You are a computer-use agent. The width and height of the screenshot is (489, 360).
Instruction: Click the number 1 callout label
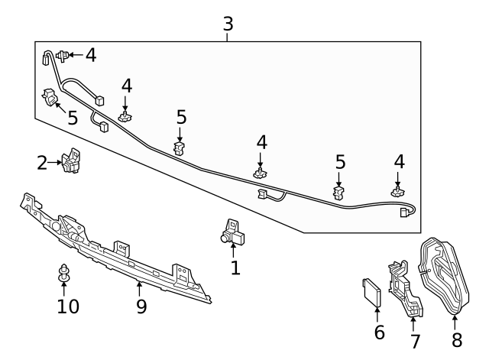click(235, 268)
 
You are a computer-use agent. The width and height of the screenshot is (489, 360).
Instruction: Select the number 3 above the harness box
click(228, 24)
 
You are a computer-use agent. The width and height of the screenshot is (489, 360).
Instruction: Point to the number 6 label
click(379, 332)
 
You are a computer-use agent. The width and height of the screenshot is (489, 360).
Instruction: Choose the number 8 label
click(456, 339)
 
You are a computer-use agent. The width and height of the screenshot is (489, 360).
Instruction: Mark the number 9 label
click(141, 306)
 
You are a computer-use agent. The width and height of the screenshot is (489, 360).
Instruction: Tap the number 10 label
click(67, 306)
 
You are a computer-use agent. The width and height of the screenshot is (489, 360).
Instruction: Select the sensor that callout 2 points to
click(73, 160)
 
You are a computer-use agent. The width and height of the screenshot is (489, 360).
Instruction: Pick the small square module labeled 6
click(373, 292)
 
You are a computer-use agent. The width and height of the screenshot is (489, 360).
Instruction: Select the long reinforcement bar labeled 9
click(115, 245)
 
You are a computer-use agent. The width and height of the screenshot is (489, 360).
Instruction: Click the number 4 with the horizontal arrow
click(91, 55)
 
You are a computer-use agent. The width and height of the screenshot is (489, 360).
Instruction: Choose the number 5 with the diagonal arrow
click(73, 118)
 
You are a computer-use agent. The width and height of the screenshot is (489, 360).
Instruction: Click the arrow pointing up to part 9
click(140, 289)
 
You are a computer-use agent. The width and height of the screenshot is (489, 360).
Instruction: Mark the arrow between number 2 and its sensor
click(55, 161)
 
